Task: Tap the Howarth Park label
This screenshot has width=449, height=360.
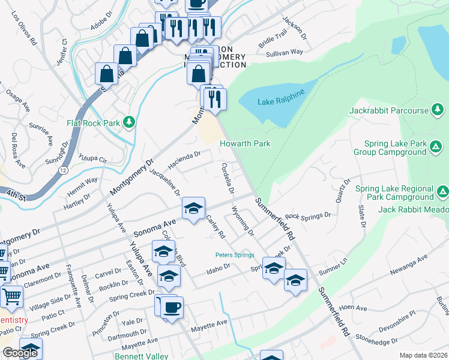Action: click(244, 144)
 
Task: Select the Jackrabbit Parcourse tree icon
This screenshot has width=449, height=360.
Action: click(438, 110)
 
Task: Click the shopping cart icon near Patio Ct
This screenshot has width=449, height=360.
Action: click(11, 296)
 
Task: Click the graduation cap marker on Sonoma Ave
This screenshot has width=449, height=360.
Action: click(193, 208)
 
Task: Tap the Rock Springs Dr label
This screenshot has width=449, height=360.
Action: click(308, 216)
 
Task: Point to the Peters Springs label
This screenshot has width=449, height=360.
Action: click(235, 255)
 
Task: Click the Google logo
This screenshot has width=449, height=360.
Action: click(20, 353)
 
